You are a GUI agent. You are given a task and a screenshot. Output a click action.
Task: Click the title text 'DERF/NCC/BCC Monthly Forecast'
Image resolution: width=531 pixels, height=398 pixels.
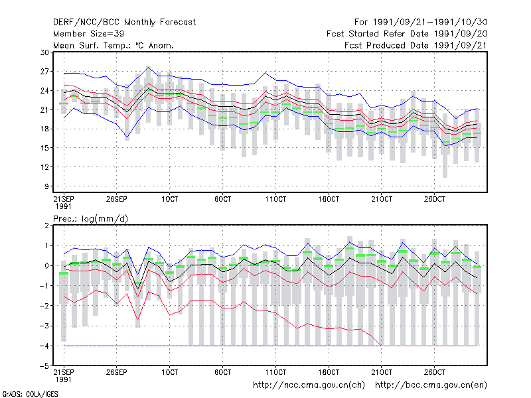click(x=124, y=23)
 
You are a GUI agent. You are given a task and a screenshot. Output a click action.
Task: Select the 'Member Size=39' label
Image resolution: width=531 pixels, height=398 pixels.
click(x=88, y=34)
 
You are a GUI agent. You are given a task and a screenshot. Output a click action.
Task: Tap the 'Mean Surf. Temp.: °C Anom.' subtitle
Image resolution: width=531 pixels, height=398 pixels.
click(x=114, y=45)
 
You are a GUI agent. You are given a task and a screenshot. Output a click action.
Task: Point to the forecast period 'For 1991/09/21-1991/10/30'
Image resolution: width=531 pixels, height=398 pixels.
click(x=421, y=23)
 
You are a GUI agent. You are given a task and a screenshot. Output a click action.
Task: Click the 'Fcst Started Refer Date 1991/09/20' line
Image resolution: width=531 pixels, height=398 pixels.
click(x=407, y=34)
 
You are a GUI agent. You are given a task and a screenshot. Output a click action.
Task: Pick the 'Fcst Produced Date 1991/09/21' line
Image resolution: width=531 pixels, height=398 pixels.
click(x=416, y=45)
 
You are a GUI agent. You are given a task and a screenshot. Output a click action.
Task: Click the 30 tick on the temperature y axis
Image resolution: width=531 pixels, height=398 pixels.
click(x=44, y=52)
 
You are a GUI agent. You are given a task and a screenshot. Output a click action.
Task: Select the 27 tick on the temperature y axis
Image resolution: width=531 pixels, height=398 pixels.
click(x=44, y=72)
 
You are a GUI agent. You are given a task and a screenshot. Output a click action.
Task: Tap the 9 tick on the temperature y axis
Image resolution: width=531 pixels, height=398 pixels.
click(x=46, y=186)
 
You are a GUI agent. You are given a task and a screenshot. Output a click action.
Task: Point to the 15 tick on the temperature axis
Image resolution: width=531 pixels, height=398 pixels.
click(x=44, y=148)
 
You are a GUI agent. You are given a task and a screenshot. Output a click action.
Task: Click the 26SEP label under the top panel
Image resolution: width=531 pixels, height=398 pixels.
click(x=117, y=199)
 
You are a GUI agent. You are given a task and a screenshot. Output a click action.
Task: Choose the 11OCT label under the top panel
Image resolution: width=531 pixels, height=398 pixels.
click(x=275, y=199)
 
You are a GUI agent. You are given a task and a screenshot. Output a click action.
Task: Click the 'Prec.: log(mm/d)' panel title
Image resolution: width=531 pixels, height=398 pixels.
click(x=91, y=219)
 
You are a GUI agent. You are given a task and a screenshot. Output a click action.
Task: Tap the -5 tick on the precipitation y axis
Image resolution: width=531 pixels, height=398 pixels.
click(x=44, y=366)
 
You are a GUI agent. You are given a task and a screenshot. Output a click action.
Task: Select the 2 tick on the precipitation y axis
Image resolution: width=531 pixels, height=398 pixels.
click(x=46, y=226)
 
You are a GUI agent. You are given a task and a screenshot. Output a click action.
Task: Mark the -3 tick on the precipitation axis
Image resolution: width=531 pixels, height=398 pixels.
click(x=44, y=326)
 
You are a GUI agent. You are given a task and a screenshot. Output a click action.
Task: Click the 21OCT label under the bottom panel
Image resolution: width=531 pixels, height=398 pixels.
click(x=382, y=372)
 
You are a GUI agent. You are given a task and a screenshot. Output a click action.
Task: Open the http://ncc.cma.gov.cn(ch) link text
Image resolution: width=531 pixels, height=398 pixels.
click(x=309, y=385)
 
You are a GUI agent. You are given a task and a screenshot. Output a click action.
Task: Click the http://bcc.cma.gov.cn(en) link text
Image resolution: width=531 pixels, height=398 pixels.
click(x=431, y=385)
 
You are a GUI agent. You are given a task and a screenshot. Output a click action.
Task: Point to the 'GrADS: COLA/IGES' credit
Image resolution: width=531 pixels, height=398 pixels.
click(x=30, y=394)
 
